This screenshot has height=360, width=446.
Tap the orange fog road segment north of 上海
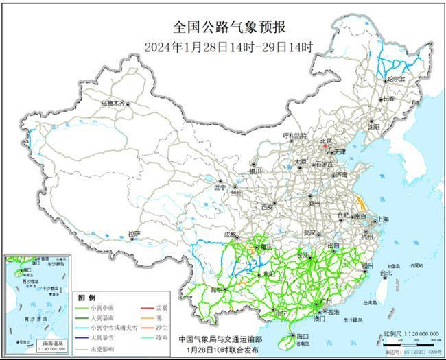[360, 202]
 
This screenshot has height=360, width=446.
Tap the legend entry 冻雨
[159, 338]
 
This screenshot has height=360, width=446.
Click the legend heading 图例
[87, 298]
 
